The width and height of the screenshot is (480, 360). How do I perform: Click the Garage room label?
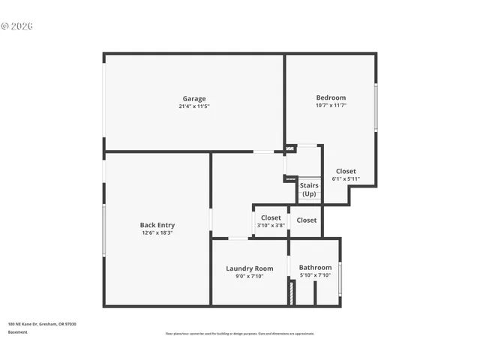(193, 98)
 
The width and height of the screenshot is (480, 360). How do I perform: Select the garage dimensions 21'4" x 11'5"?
(193, 106)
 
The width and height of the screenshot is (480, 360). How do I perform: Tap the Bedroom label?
(331, 97)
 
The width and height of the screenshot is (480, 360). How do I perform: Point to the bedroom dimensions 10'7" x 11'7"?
(331, 106)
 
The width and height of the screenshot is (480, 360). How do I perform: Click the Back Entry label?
(157, 224)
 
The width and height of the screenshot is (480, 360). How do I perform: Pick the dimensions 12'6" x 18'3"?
(157, 232)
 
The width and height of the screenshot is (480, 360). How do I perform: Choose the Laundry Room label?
(250, 268)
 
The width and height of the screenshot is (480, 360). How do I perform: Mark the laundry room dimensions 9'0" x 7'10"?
(250, 276)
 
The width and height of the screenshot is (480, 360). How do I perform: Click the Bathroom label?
(315, 267)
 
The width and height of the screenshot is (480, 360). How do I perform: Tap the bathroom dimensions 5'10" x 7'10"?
(315, 275)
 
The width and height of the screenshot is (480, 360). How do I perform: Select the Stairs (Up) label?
(309, 189)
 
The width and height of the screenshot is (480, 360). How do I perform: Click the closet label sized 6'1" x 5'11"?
(346, 171)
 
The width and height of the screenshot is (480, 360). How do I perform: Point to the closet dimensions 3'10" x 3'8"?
(271, 226)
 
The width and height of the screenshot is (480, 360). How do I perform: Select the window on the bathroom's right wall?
(340, 278)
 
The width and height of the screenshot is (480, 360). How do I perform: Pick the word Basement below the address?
(18, 331)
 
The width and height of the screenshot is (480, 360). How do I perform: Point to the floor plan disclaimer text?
(240, 334)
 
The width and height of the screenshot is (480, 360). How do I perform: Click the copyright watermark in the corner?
(17, 26)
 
